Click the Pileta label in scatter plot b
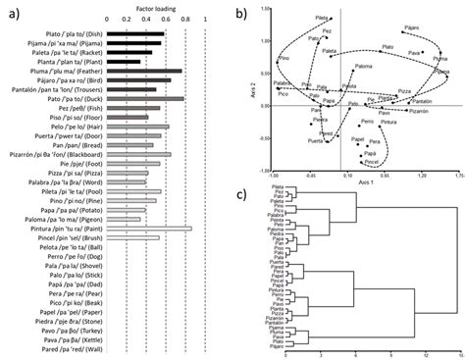click(x=321, y=18)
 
